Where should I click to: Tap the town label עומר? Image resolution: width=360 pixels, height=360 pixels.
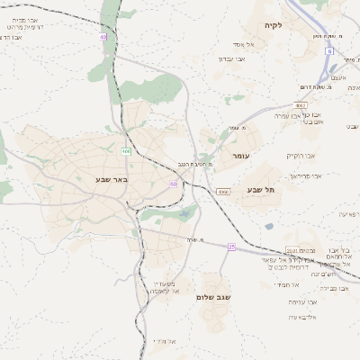pos(239,157)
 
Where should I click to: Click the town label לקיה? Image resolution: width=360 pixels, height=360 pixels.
pos(273,25)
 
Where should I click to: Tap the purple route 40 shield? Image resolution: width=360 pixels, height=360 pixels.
pos(103,37)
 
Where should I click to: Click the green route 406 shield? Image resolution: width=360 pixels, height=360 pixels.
pos(126,151)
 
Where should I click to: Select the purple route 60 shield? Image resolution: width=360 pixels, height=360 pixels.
pos(172,184)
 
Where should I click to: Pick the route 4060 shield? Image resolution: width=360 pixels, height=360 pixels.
pos(222,192)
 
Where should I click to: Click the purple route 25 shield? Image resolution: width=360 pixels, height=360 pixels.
pos(231,247)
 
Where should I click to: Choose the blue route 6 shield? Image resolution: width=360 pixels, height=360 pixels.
pos(330,51)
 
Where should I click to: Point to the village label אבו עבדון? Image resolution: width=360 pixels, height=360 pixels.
pos(231,58)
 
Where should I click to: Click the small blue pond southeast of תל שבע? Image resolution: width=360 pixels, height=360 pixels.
pos(269,226)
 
